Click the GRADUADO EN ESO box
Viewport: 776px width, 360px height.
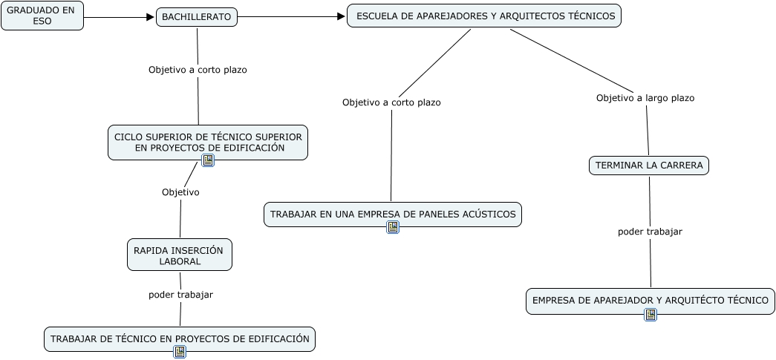coord(42,16)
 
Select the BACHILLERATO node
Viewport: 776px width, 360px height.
coord(197,17)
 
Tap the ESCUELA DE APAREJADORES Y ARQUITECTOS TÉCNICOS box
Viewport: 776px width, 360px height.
coord(484,16)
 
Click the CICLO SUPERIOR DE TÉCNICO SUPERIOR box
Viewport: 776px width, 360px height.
coord(208,143)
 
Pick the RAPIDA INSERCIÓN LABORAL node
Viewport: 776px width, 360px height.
coord(180,255)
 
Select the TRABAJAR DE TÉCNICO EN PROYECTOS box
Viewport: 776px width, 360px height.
coord(180,339)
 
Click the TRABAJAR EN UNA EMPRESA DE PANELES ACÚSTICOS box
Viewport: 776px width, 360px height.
coord(393,215)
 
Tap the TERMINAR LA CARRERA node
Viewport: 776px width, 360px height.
coord(649,166)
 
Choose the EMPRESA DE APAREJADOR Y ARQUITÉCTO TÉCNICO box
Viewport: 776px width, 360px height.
coord(651,301)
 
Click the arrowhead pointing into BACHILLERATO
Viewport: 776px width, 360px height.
coord(151,17)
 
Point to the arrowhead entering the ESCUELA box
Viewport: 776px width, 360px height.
coord(341,17)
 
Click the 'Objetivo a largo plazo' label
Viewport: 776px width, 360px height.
coord(645,98)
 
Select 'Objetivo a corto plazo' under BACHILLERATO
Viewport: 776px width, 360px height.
coord(198,70)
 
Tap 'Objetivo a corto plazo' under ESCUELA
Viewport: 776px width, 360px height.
coord(391,102)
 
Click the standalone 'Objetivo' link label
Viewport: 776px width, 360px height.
coord(180,192)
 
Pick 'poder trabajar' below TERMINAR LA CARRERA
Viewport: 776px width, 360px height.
coord(650,232)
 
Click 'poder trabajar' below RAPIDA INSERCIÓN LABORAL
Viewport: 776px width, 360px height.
coord(180,295)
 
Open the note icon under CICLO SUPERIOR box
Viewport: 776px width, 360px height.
coord(208,160)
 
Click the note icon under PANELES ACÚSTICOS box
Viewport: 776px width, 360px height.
coord(393,227)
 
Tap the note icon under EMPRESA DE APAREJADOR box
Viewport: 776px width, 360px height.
coord(651,315)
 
